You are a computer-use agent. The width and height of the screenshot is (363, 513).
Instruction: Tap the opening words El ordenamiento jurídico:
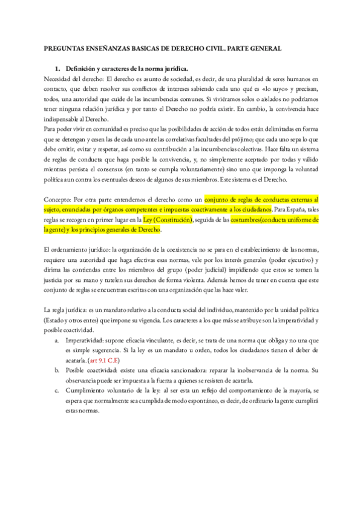pos(77,250)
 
